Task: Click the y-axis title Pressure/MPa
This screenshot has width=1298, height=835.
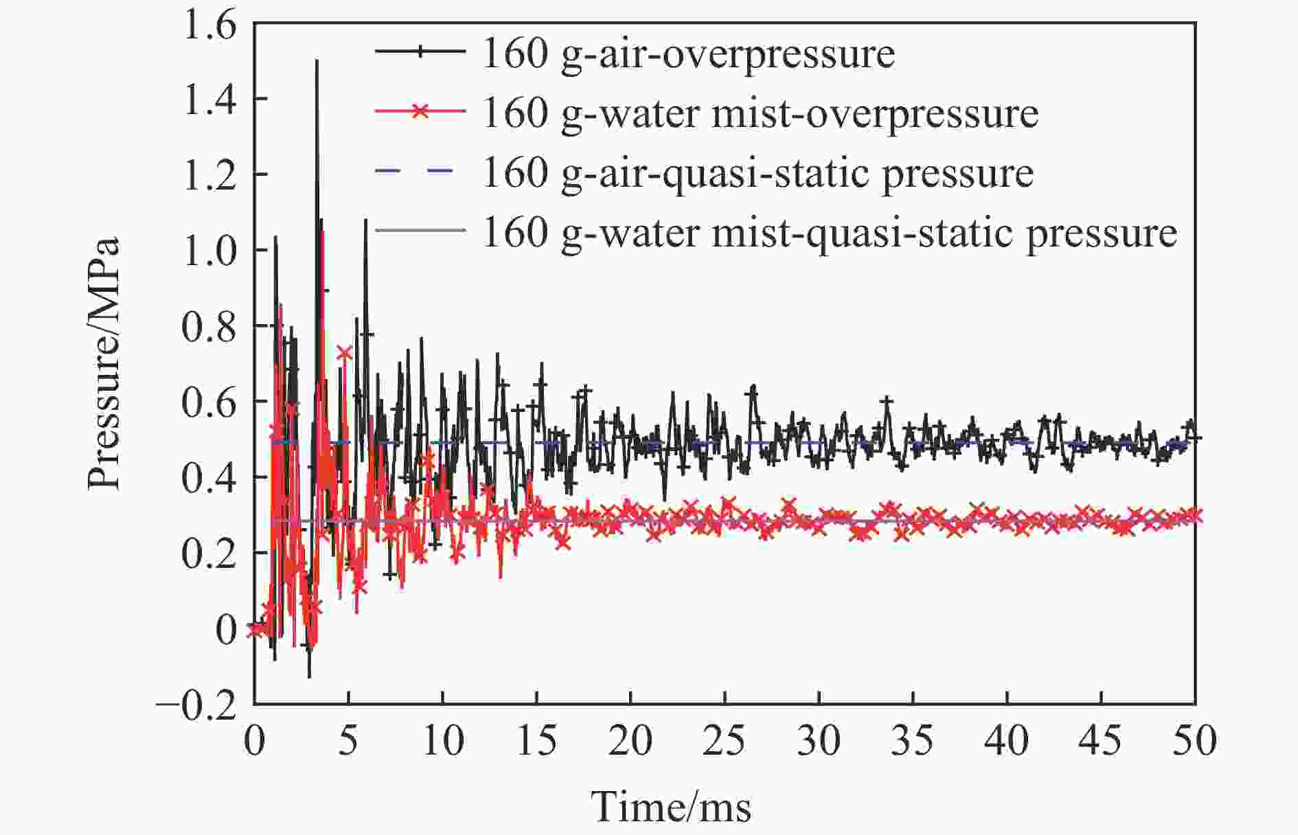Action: click(103, 364)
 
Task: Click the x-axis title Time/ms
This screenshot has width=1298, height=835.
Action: click(671, 806)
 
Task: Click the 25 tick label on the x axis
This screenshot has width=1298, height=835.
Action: click(725, 742)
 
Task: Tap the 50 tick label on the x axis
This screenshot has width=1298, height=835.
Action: click(1195, 742)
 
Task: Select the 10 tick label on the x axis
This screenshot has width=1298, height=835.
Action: click(442, 742)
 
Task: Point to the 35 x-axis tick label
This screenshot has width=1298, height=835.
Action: click(913, 742)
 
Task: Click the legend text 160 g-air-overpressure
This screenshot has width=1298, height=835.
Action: click(689, 54)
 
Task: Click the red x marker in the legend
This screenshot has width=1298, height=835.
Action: click(420, 112)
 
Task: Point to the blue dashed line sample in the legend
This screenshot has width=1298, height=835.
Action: click(420, 172)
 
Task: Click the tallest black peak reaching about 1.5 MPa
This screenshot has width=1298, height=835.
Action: click(317, 62)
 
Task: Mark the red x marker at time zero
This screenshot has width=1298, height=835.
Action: click(255, 628)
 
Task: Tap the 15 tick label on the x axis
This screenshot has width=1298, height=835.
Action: click(536, 742)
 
